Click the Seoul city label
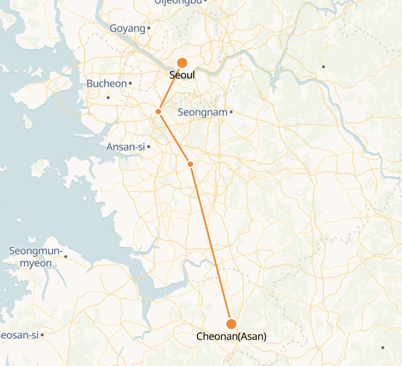[x=182, y=75]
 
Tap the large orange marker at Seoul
[x=182, y=63]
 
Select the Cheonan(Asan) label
[x=231, y=336]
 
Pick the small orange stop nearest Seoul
[x=158, y=112]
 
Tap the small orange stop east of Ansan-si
[x=190, y=164]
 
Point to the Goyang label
[x=127, y=29]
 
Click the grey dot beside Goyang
[x=149, y=29]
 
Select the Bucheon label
[x=107, y=83]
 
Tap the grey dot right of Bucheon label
[x=130, y=83]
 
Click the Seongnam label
[x=203, y=112]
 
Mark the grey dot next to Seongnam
[x=231, y=112]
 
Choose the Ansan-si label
[x=126, y=147]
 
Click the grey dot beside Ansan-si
[x=148, y=147]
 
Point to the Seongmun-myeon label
[x=36, y=257]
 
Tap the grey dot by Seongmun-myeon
[x=65, y=257]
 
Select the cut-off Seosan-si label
[x=20, y=335]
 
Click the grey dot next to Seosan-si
[x=42, y=335]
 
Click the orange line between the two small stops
[x=174, y=138]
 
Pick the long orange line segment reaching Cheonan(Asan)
[x=211, y=244]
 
